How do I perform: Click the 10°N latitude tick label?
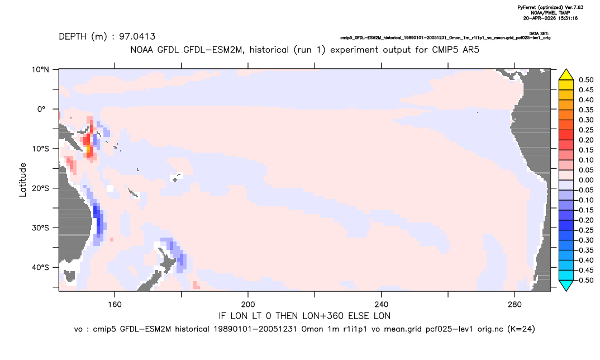point(40,70)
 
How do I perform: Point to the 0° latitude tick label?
point(41,109)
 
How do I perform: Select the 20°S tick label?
point(40,188)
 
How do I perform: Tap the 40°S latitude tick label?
point(40,267)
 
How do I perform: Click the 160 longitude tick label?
point(115,305)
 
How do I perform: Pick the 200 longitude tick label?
point(248,305)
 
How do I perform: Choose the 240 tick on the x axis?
point(382,305)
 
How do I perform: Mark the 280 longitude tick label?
point(515,305)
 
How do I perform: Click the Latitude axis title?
point(23,180)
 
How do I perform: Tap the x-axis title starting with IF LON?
point(304,316)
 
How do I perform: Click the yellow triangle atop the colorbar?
point(566,74)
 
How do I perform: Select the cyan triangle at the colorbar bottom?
point(566,286)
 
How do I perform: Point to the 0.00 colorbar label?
point(586,181)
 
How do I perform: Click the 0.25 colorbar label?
point(586,130)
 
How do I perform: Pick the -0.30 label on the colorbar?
point(585,240)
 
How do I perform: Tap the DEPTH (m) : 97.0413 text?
point(107,37)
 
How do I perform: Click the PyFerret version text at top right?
point(550,8)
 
